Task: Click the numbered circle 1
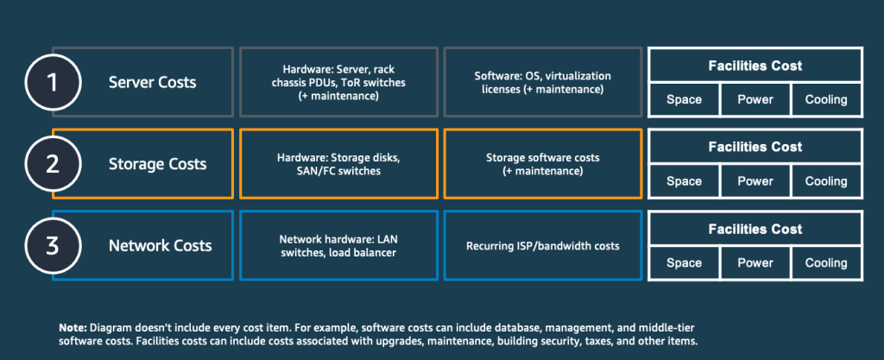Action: point(52,82)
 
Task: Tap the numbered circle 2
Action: point(52,164)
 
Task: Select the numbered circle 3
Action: point(52,245)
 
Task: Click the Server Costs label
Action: point(152,82)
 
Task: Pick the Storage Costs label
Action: point(157,164)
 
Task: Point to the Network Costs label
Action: point(160,245)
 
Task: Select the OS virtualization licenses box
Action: point(542,82)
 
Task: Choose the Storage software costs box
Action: point(542,164)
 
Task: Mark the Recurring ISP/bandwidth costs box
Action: point(542,245)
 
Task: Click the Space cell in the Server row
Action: point(684,99)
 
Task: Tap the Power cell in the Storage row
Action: point(755,181)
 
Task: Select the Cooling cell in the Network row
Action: point(826,262)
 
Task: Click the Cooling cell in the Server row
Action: point(826,99)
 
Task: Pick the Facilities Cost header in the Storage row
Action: point(755,147)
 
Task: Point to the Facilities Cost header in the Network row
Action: point(755,229)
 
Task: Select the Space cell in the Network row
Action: point(684,262)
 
